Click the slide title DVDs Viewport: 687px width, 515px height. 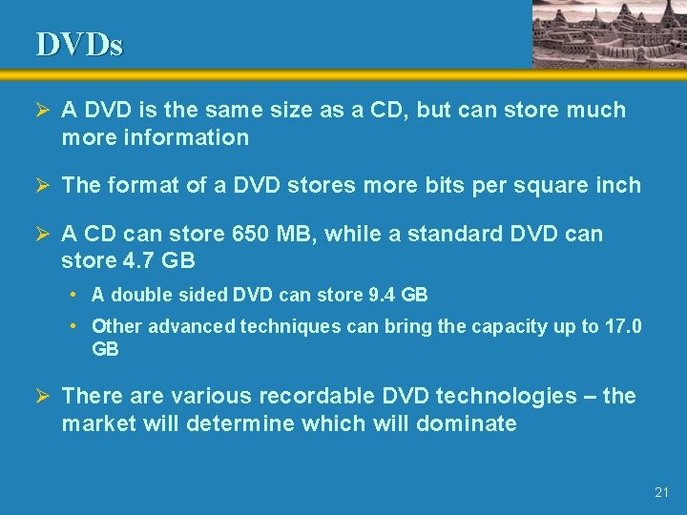point(79,44)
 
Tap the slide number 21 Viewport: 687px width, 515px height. point(662,492)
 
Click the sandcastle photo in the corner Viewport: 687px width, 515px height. point(609,33)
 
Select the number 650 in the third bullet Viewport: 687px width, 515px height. point(251,234)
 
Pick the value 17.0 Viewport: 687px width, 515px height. point(624,326)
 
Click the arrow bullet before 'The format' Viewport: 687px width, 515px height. point(43,185)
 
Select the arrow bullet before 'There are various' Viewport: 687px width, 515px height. point(43,396)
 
